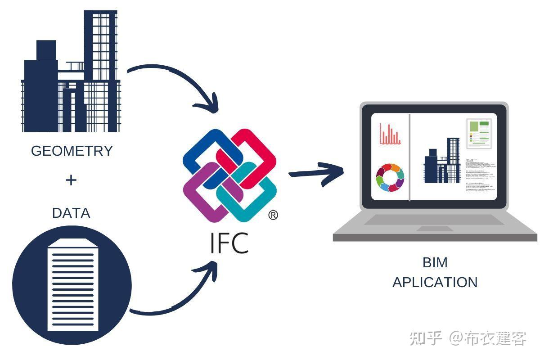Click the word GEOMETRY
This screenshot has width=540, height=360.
pos(72,151)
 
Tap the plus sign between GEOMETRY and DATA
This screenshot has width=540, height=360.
pos(71,180)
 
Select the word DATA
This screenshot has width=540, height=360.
pos(71,212)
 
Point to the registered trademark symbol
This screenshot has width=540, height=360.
pos(273,216)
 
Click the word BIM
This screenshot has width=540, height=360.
pos(435,262)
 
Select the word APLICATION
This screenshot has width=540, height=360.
pos(435,282)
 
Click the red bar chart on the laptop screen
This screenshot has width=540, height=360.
pos(390,134)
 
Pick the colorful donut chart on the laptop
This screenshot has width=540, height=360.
pos(390,177)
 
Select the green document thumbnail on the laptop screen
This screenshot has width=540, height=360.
pos(478,134)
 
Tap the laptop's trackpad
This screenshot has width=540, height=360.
pos(434,229)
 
